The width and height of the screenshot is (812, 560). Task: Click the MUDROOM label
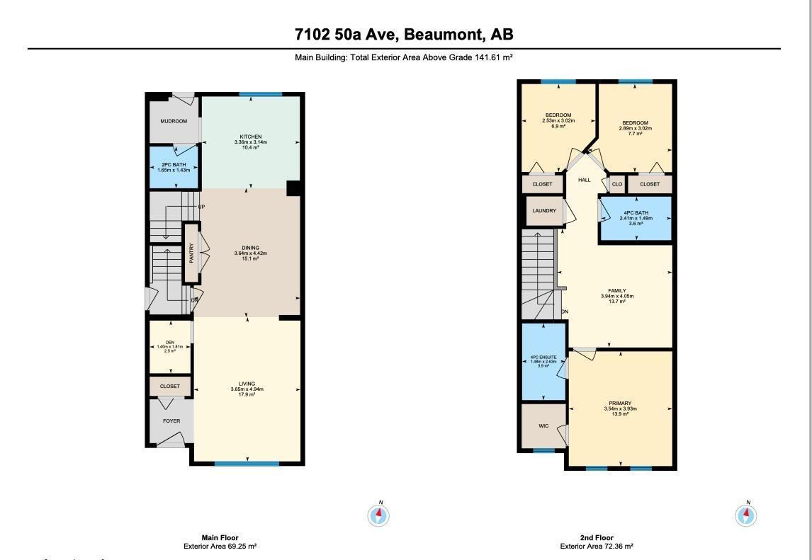point(174,121)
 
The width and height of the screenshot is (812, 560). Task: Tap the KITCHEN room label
point(251,137)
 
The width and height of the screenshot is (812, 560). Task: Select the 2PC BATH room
point(174,167)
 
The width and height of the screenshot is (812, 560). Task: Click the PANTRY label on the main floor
point(191,253)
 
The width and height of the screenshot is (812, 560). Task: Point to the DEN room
point(170,346)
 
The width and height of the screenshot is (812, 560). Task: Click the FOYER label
point(171,421)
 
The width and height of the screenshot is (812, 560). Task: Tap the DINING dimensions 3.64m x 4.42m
point(251,253)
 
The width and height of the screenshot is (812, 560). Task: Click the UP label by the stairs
point(202,207)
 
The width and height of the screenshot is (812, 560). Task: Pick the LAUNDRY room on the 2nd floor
point(544,211)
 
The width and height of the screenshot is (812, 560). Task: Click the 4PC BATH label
point(636,213)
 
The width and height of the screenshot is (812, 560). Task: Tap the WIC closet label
point(543,426)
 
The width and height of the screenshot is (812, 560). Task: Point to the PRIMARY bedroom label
point(621,404)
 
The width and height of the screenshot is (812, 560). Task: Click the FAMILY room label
point(617,291)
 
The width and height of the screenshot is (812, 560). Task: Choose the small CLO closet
point(617,184)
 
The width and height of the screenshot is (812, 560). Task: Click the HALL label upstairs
point(584,180)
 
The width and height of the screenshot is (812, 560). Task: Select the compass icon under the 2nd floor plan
point(747,515)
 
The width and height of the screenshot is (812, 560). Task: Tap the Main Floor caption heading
point(220,538)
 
